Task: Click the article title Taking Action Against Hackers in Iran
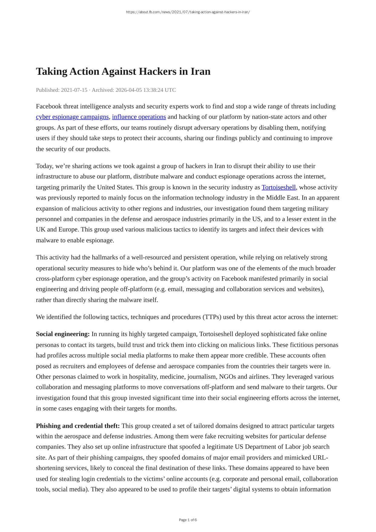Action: [123, 71]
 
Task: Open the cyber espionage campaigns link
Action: [72, 117]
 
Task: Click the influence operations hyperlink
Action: [139, 117]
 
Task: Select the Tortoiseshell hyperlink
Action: [279, 187]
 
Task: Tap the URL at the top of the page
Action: [188, 12]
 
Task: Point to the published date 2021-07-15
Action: [74, 90]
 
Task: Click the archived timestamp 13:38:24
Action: [153, 90]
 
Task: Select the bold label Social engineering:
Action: [63, 334]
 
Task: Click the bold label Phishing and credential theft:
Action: [78, 426]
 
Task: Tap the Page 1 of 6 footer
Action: [188, 520]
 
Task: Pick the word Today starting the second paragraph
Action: [44, 166]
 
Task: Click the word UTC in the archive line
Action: [170, 90]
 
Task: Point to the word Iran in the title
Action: [200, 71]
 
